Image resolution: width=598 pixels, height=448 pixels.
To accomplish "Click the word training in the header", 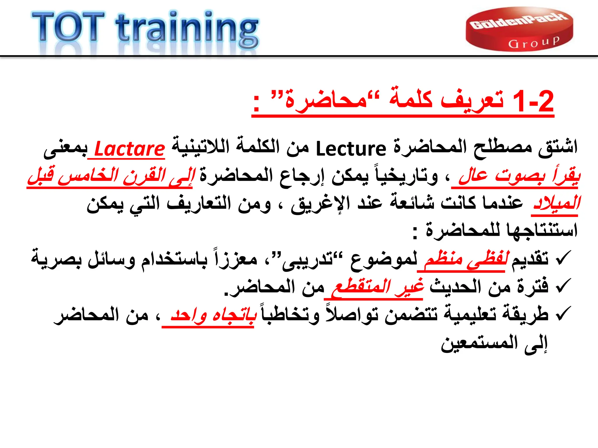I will [x=187, y=29].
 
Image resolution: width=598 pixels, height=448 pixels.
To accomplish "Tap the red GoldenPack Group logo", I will [x=519, y=29].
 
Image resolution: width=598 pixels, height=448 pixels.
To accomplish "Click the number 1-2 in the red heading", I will [x=533, y=101].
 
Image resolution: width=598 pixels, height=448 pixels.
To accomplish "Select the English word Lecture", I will [x=351, y=149].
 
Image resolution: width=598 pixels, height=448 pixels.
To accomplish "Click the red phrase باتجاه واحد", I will [x=213, y=315].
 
